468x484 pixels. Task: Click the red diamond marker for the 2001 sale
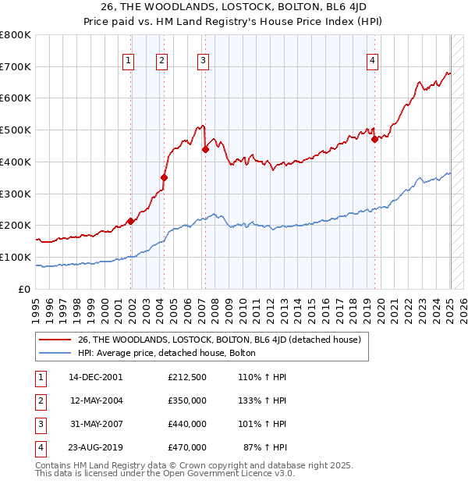[x=131, y=221]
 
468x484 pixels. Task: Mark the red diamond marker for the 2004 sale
[x=165, y=178]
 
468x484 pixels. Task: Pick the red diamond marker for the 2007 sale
[x=205, y=149]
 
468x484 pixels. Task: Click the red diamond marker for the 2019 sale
[x=374, y=140]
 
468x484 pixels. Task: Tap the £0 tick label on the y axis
[x=25, y=289]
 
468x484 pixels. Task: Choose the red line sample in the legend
[x=54, y=340]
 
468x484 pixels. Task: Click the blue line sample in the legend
[x=54, y=353]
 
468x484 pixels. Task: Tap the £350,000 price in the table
[x=187, y=400]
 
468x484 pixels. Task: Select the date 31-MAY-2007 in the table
[x=96, y=424]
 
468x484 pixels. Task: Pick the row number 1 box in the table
[x=39, y=377]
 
